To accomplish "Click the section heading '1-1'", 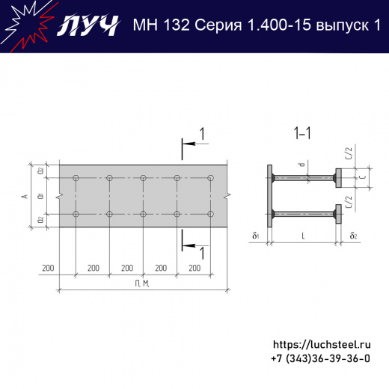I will tap(302, 134).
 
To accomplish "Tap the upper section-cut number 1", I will tap(200, 134).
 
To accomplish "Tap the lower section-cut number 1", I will tap(200, 253).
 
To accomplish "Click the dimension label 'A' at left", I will tap(25, 196).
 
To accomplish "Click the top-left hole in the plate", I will tap(76, 178).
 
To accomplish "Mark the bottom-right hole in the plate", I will tap(211, 215).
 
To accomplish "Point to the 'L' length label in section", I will tap(302, 236).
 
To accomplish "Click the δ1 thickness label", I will tap(256, 236).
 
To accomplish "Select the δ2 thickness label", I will tap(352, 236).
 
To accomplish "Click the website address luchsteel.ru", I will tap(322, 345).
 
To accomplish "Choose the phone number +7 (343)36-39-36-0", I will tap(320, 359).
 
